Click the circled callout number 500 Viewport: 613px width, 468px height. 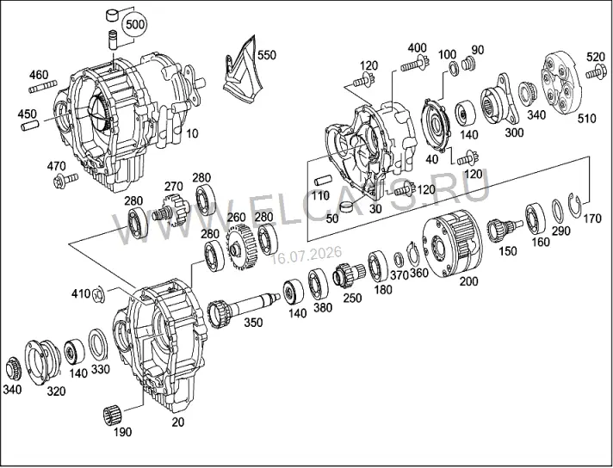[x=134, y=25]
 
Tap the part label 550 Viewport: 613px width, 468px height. [x=266, y=55]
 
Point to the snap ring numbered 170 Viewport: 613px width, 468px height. [x=574, y=206]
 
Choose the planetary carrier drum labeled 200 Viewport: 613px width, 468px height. [x=452, y=244]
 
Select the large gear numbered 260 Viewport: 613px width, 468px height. [x=242, y=247]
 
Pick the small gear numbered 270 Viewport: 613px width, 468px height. [x=171, y=211]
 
